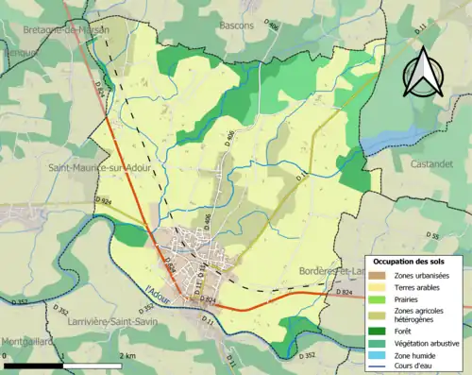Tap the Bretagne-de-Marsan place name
[66, 30]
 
